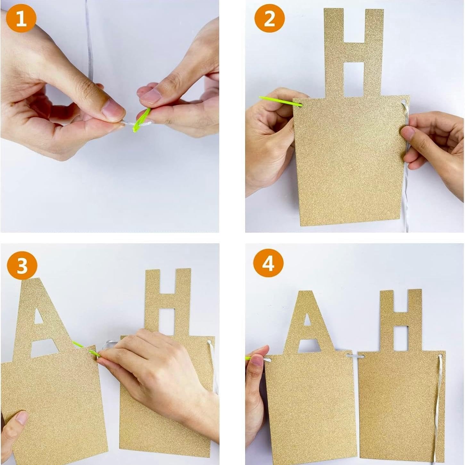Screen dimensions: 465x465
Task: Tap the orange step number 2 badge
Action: (270, 19)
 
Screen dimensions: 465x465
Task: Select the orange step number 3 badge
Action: (22, 266)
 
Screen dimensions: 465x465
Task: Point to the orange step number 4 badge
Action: (268, 264)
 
